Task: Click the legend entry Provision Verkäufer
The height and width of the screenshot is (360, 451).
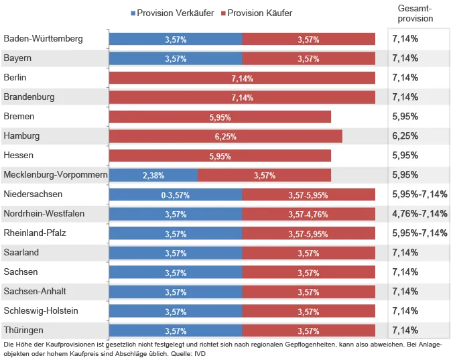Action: point(174,13)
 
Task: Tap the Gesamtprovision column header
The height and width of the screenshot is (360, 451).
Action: point(415,13)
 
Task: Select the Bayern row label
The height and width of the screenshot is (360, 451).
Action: point(17,58)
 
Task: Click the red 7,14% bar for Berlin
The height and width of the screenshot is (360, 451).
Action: point(241,78)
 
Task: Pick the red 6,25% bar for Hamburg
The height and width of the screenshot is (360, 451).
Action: point(225,136)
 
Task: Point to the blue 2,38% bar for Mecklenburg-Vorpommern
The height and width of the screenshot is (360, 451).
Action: point(153,176)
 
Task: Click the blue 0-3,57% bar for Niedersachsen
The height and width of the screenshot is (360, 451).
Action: point(176,195)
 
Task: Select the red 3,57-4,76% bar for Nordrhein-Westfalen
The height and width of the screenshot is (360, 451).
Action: point(308,215)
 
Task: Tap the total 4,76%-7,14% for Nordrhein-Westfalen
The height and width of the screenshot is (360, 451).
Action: point(420,214)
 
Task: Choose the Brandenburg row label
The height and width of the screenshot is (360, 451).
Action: point(29,97)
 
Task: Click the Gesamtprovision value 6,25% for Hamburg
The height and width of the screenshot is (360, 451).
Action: point(405,136)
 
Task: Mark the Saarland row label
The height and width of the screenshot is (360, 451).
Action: point(21,253)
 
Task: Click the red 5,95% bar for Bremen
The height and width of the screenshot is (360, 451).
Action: point(220,117)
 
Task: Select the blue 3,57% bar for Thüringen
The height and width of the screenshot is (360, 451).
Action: point(176,331)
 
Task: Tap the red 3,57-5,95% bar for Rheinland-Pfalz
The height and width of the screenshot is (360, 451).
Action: point(308,234)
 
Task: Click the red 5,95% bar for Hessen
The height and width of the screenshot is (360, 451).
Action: point(220,156)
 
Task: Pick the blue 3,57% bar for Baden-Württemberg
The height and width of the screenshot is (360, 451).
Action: point(176,40)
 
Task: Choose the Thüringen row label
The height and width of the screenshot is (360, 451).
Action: point(23,331)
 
